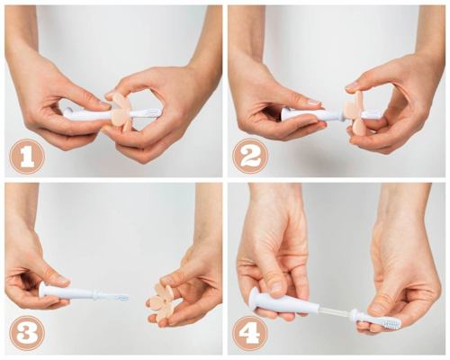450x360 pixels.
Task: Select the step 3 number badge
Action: [26, 332]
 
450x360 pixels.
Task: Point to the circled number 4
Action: [250, 332]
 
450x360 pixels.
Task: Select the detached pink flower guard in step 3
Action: [166, 301]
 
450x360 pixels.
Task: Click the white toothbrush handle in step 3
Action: [76, 292]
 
